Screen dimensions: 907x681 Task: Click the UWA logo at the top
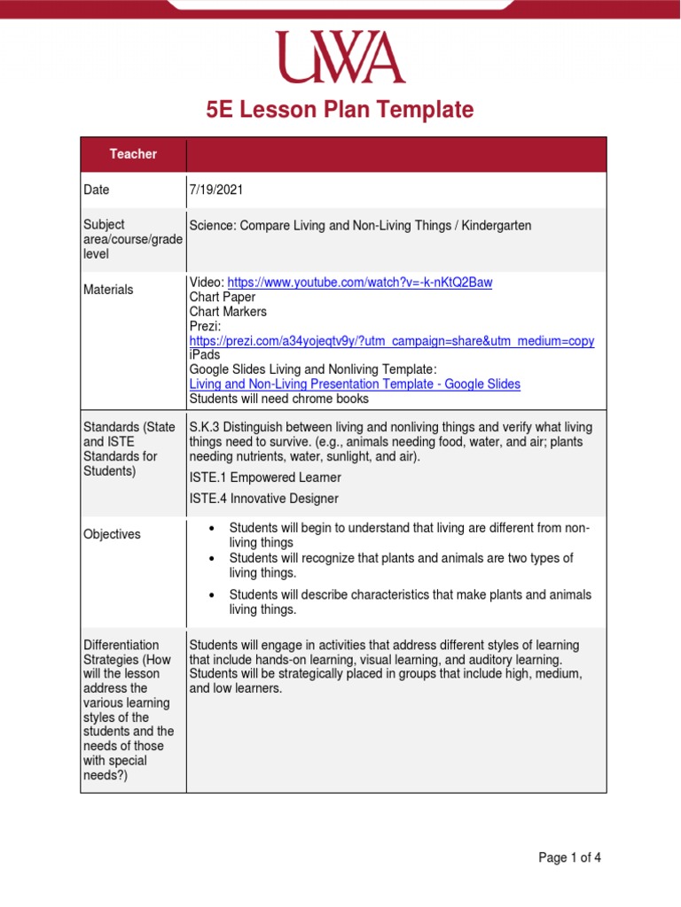[340, 58]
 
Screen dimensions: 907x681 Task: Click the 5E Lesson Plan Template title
[340, 110]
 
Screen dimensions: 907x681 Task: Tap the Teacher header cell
[133, 154]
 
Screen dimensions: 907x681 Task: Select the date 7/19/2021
[216, 190]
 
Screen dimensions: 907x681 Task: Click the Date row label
[97, 190]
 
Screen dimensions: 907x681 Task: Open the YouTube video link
[360, 283]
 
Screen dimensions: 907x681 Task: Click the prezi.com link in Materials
[391, 341]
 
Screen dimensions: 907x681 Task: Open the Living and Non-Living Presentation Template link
[355, 384]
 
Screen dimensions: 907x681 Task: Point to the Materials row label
[108, 290]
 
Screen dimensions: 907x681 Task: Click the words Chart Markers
[228, 312]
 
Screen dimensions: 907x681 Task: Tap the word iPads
[205, 355]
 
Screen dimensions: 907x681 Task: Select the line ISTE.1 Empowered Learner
[265, 478]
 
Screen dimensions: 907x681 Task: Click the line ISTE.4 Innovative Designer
[263, 499]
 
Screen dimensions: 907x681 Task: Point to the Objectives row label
[112, 534]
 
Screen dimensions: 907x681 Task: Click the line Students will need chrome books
[278, 399]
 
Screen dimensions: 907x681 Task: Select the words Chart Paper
[222, 298]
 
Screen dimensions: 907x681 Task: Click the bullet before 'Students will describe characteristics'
[211, 595]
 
